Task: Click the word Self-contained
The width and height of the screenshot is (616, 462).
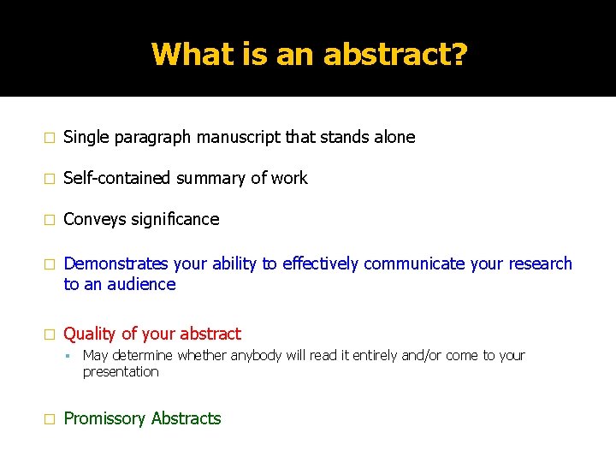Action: (x=117, y=178)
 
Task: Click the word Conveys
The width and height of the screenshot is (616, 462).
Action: (x=94, y=219)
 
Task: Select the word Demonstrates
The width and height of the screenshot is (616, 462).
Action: (x=115, y=264)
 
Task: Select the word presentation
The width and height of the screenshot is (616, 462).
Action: (x=121, y=371)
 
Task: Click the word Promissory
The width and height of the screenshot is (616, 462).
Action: (x=104, y=418)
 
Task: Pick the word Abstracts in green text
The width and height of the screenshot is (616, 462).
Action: (x=186, y=418)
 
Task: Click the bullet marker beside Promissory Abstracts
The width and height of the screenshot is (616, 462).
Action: (x=50, y=419)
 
